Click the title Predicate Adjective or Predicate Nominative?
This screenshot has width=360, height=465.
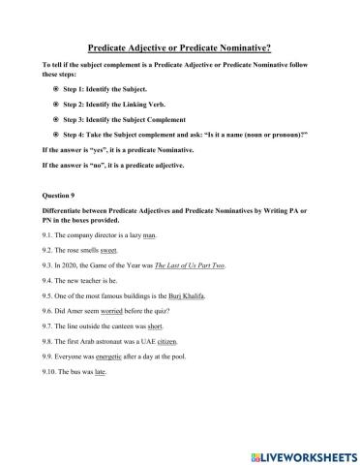click(x=179, y=46)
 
